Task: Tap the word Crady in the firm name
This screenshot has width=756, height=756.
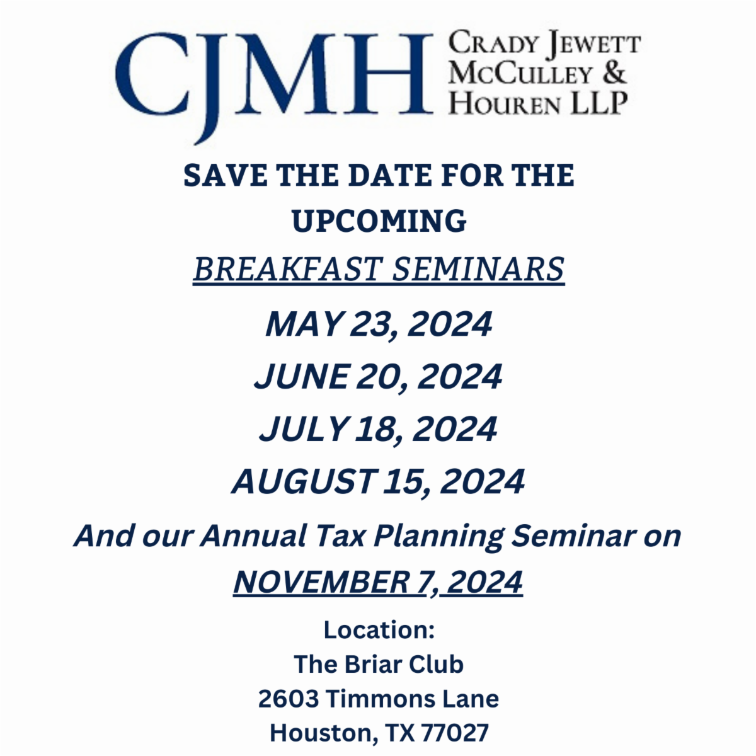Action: pyautogui.click(x=493, y=45)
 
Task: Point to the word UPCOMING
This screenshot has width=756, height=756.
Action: pyautogui.click(x=379, y=221)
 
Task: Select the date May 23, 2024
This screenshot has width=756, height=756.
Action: pyautogui.click(x=379, y=324)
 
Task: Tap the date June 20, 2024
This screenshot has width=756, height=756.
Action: pyautogui.click(x=379, y=377)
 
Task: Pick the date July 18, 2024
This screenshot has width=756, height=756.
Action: pyautogui.click(x=379, y=429)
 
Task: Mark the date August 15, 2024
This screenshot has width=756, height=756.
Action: pyautogui.click(x=379, y=482)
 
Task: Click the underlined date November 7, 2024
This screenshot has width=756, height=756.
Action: pyautogui.click(x=378, y=581)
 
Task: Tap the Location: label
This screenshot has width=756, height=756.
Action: pyautogui.click(x=379, y=629)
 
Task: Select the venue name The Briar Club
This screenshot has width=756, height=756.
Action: pyautogui.click(x=379, y=664)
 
